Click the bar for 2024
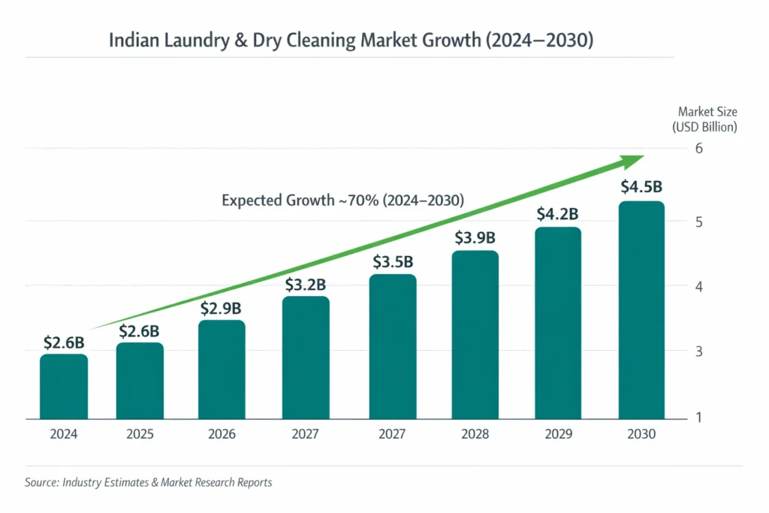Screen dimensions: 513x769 click(64, 386)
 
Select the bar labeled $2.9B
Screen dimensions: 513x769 click(222, 370)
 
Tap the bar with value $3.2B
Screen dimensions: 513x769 click(306, 358)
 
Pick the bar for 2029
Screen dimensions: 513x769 click(558, 323)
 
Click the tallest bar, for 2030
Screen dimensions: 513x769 click(641, 310)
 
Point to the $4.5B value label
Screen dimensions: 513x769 click(641, 187)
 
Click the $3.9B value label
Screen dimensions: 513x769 click(475, 238)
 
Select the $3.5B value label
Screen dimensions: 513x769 click(393, 262)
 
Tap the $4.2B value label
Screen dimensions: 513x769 click(558, 214)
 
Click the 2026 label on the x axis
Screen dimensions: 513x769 click(222, 434)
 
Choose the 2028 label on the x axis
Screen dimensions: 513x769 click(475, 434)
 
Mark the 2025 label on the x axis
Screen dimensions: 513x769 click(140, 434)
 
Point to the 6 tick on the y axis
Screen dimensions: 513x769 click(698, 148)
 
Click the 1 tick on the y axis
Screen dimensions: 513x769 click(698, 418)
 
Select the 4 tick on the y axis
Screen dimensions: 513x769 click(698, 286)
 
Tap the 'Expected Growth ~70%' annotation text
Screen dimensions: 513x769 click(342, 201)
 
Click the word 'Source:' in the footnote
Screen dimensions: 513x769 click(41, 482)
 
